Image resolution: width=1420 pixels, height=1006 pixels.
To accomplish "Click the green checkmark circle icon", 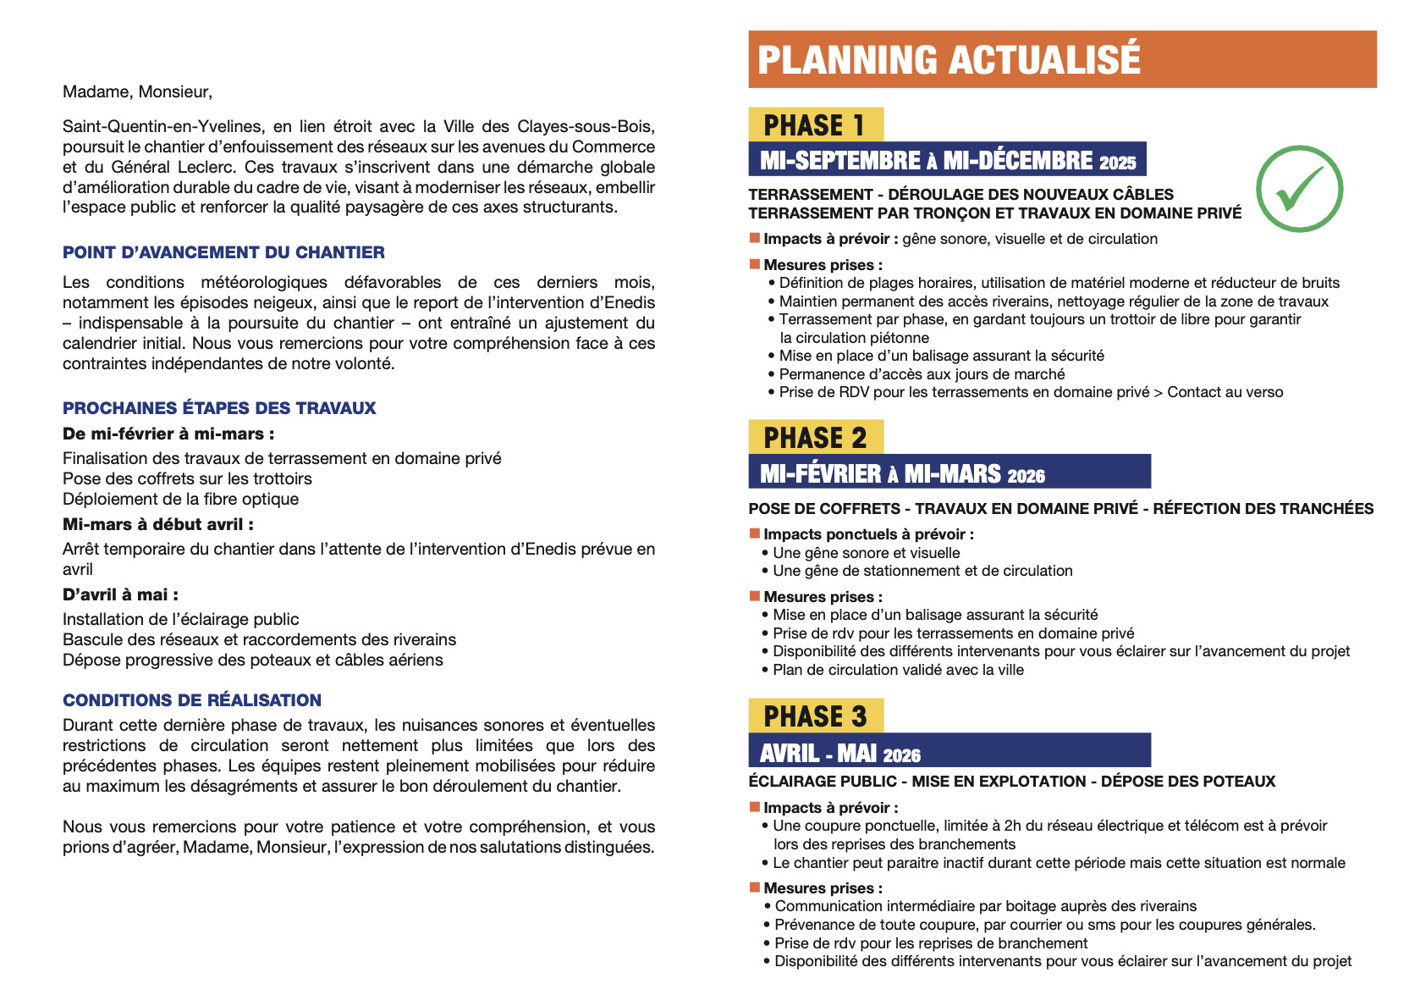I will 1299,188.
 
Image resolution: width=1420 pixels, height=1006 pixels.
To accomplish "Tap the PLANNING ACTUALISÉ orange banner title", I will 949,60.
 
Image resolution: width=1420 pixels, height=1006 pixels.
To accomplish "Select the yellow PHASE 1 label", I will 815,125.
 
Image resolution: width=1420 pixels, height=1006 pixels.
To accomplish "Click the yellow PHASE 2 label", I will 815,438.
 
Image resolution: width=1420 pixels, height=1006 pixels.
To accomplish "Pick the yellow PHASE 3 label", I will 815,716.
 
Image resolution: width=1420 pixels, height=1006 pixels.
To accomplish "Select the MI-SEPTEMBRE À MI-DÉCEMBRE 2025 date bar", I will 947,160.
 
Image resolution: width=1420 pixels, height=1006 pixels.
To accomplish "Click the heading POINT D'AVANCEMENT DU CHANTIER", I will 223,252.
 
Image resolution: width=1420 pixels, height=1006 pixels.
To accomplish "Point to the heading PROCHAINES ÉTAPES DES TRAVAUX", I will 219,408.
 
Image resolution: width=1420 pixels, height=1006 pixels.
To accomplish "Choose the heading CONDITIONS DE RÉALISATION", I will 192,700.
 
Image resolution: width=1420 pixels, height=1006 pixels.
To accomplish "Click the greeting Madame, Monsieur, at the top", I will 137,91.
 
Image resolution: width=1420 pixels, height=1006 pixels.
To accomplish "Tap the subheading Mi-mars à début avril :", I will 158,524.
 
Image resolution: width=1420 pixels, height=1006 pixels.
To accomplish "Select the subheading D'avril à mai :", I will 120,594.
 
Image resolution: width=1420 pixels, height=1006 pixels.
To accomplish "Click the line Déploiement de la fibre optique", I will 180,499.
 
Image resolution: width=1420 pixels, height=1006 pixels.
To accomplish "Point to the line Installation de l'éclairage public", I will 180,619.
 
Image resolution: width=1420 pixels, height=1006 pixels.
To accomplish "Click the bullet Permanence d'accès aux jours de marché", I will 922,374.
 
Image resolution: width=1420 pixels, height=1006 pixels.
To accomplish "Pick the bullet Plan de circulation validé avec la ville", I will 898,670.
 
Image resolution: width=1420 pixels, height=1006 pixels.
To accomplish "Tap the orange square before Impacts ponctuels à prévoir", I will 755,533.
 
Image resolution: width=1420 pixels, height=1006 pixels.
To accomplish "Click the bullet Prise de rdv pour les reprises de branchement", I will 931,943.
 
